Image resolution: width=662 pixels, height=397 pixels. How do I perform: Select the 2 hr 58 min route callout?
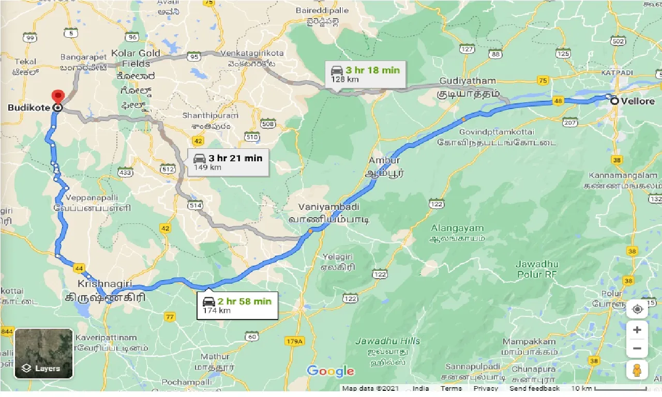(238, 306)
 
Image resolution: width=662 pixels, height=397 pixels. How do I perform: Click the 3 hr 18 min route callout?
(366, 74)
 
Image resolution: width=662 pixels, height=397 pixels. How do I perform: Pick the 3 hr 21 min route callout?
(228, 162)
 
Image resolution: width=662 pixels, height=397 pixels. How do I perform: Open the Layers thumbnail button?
(43, 354)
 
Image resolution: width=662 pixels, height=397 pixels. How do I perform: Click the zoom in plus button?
(637, 330)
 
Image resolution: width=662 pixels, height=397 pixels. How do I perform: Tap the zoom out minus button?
(637, 348)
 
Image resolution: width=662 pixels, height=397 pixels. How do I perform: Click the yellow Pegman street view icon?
(637, 370)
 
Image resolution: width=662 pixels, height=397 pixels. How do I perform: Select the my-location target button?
(637, 310)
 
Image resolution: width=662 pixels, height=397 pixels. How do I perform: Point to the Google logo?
(330, 371)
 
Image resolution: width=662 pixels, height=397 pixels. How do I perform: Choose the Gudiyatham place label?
(468, 81)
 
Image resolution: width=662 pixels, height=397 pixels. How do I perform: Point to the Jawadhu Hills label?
(387, 341)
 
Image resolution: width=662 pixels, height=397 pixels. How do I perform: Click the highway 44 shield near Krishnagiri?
(79, 268)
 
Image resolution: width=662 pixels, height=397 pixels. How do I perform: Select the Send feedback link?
(534, 388)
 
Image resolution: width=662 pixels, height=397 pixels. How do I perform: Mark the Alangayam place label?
(457, 228)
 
